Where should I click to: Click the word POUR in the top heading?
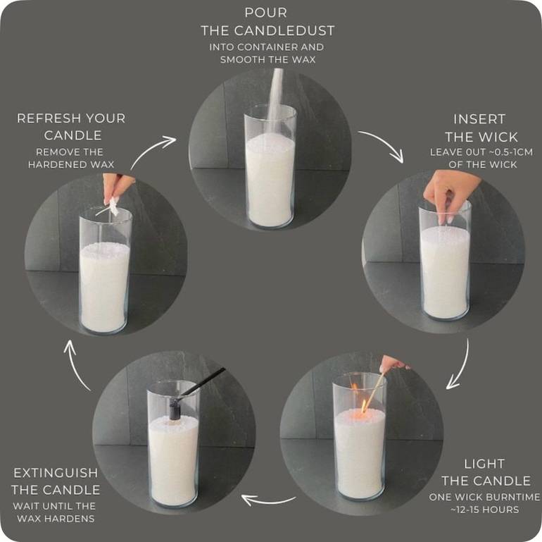coord(266,13)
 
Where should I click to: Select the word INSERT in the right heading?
coord(479,119)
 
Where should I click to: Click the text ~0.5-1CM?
coord(511,152)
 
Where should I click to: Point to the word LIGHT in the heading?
coord(484,464)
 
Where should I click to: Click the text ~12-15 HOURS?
coord(484,510)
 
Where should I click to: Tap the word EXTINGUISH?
coord(56,473)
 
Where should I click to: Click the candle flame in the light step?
coord(364,407)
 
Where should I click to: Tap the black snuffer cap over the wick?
coord(175,409)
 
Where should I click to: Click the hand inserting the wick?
coord(449,193)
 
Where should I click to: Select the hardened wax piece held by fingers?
coord(111,207)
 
